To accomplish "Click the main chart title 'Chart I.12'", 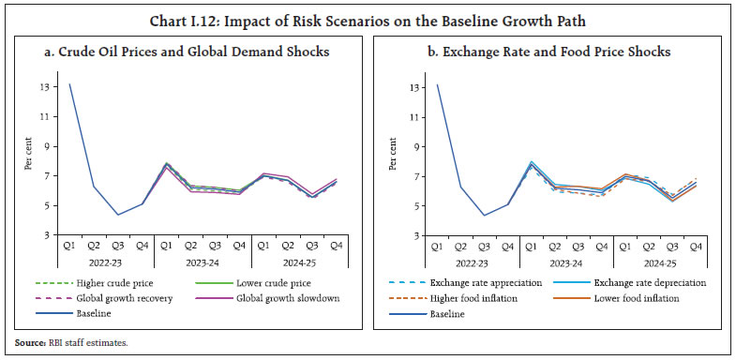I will tap(368, 14).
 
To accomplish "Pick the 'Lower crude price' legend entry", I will tap(248, 282).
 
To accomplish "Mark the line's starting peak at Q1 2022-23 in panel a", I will tap(69, 84).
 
